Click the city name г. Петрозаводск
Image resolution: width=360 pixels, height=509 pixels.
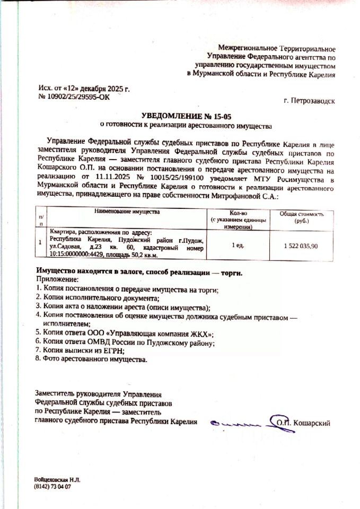coord(309,100)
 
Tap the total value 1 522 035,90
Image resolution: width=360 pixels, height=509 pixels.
coord(301,245)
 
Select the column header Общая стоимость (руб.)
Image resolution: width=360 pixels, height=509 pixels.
coord(301,217)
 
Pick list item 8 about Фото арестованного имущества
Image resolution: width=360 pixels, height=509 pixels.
coord(90,359)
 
